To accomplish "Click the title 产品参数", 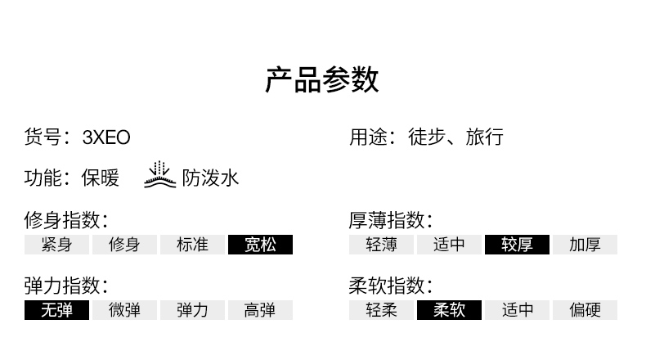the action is point(321,79).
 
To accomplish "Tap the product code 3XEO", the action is point(106,137).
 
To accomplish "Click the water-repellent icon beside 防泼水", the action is point(159,175).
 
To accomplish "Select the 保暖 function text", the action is point(100,178).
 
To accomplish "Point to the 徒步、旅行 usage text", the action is point(455,137).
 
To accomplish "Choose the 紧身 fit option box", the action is point(57,245).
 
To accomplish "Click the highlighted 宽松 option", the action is point(260,245).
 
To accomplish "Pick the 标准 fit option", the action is point(192,245).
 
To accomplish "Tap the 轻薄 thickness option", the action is point(382,245).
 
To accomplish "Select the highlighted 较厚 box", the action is point(517,245).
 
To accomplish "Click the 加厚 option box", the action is point(585,245).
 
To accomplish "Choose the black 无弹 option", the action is point(57,310).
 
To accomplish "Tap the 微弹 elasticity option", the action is point(124,310).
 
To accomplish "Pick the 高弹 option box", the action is point(260,310).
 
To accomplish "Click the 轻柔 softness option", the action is point(382,310).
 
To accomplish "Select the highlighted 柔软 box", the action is point(449,310).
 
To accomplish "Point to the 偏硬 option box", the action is point(585,310).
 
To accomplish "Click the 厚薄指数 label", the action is point(391,220).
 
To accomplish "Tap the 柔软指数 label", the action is point(391,286).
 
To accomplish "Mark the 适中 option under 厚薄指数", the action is point(449,245).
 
